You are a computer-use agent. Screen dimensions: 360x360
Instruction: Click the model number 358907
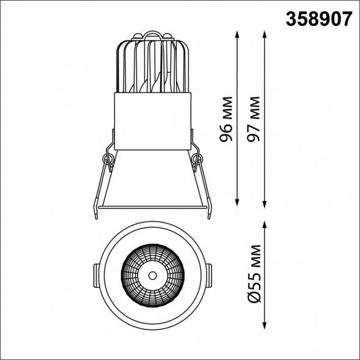[318, 20]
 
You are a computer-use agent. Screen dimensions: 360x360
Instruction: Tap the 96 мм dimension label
[226, 119]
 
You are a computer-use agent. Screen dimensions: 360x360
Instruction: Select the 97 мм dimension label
[254, 119]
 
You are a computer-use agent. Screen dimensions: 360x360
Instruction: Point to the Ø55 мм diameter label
[254, 274]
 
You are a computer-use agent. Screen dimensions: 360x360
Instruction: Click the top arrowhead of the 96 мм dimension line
[237, 34]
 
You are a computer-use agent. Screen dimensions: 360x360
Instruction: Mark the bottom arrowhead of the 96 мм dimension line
[237, 202]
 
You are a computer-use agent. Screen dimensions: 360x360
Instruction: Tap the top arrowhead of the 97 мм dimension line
[265, 34]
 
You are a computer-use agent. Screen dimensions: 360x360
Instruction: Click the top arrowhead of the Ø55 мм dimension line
[265, 225]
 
